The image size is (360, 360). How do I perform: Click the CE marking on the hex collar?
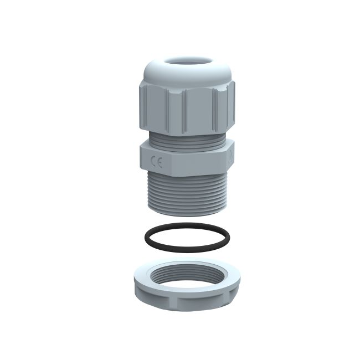[157, 163]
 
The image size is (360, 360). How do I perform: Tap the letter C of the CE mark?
[154, 163]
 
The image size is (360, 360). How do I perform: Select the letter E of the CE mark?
[160, 163]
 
